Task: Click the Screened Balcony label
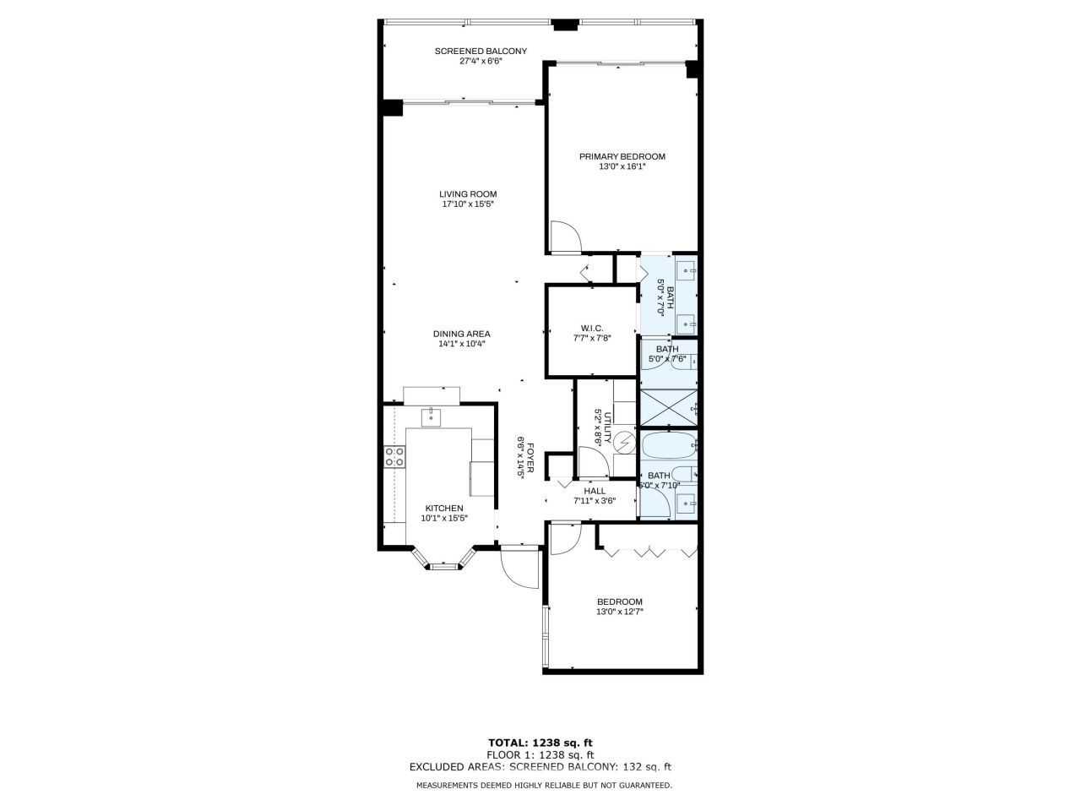click(x=481, y=51)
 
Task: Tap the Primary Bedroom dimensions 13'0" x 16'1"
click(x=622, y=167)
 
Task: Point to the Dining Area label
click(x=461, y=334)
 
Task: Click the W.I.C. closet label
click(x=591, y=328)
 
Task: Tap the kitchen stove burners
click(x=394, y=457)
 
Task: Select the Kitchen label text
click(x=443, y=508)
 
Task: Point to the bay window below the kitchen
click(x=443, y=562)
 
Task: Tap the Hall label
click(x=595, y=491)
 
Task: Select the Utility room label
click(x=598, y=427)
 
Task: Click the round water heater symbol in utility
click(x=623, y=443)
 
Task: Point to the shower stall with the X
click(x=668, y=407)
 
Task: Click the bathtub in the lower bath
click(x=667, y=446)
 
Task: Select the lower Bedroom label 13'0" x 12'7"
click(x=619, y=607)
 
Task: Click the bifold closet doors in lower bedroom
click(x=650, y=552)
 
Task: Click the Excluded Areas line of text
click(x=540, y=767)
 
